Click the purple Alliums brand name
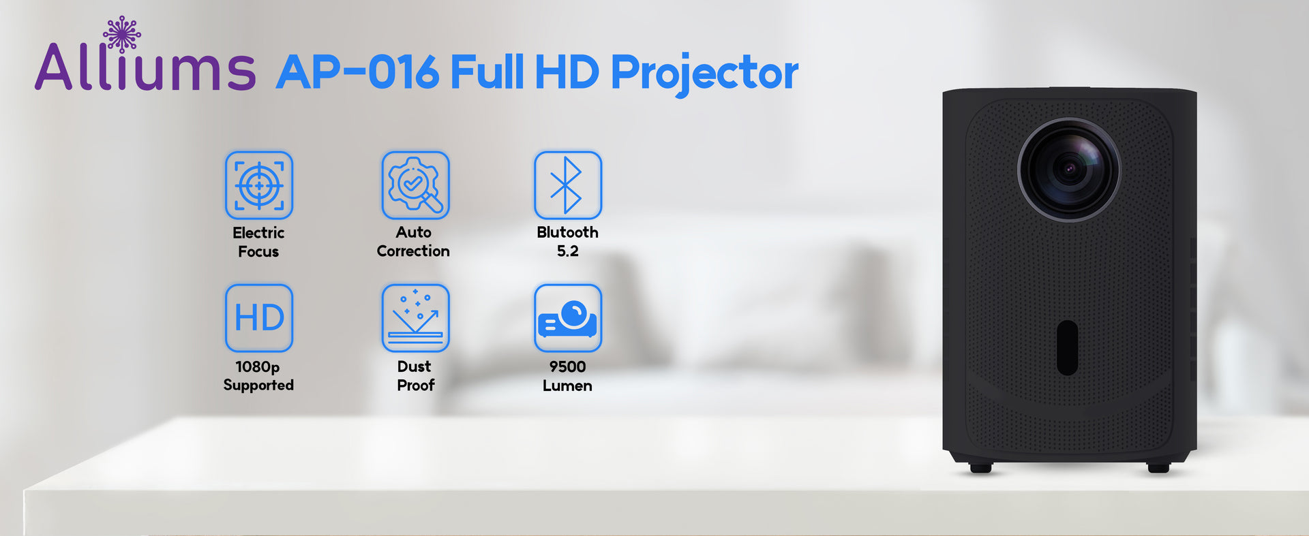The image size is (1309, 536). point(145,66)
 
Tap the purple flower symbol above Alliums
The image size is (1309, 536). point(122,34)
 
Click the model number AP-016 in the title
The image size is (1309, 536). point(357,72)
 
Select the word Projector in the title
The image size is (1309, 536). point(704,74)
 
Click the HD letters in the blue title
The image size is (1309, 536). point(567,72)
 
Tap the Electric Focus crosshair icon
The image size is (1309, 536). point(259,185)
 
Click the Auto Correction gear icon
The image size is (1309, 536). point(415,185)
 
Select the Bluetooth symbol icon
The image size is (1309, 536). point(568,185)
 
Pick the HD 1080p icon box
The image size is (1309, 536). point(259,318)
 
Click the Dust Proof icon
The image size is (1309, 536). point(415,318)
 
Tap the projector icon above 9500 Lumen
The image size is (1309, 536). point(568,318)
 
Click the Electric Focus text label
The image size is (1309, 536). point(258,242)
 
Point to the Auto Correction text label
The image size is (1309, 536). point(413,242)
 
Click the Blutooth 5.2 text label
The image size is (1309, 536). point(567,242)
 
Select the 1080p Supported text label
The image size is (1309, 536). point(258,376)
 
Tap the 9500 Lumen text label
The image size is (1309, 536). point(567,376)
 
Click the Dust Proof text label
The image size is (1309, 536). point(415,376)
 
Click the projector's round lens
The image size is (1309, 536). point(1068,170)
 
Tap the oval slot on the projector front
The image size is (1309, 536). point(1067,347)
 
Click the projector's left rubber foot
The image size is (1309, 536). point(980,468)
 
